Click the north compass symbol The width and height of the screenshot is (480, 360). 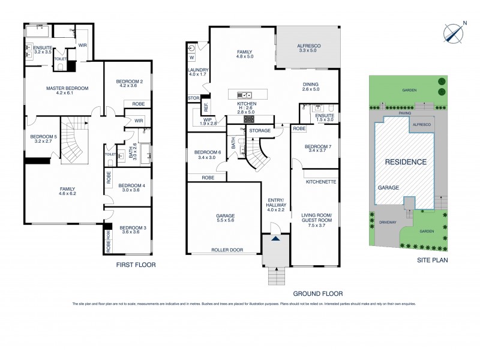tap(453, 32)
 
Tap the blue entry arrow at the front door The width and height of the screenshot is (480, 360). tap(275, 239)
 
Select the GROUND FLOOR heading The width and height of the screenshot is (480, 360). tap(317, 294)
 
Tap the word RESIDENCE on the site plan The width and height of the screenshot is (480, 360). tap(406, 162)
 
